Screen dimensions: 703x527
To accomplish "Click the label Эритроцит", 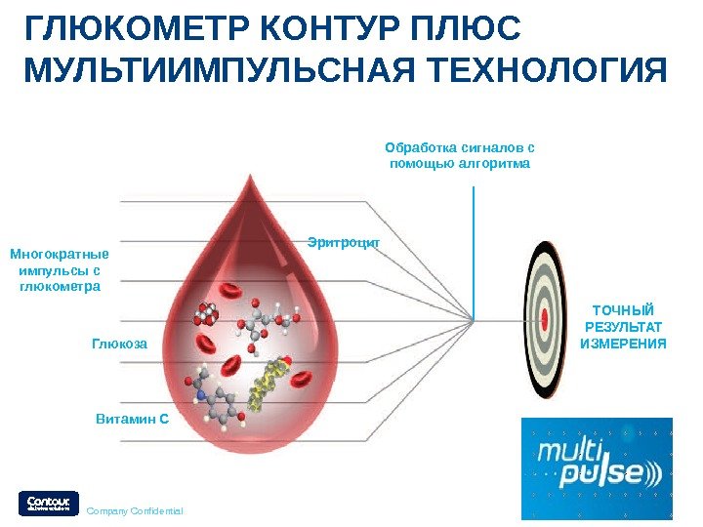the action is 343,239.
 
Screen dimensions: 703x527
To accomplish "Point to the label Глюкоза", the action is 119,344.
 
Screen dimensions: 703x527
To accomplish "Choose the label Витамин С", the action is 133,419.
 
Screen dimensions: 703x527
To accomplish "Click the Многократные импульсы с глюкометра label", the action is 60,270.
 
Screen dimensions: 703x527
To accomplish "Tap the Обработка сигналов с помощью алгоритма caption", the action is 460,156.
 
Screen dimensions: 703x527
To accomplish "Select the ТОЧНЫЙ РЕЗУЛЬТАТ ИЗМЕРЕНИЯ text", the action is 623,326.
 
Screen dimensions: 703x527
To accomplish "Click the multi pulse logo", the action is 596,468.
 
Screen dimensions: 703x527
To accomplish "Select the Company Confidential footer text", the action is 135,510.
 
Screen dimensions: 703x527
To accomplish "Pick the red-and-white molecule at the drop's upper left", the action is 206,314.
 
